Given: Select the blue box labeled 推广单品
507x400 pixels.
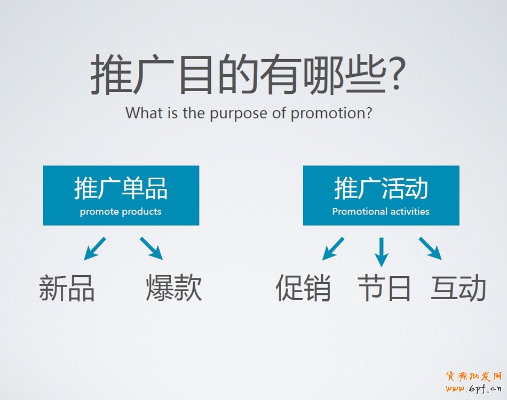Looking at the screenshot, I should tap(121, 195).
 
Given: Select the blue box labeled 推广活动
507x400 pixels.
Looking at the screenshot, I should tap(381, 195).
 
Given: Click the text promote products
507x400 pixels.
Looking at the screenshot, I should tap(121, 212).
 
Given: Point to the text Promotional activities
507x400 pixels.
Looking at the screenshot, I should tap(381, 212).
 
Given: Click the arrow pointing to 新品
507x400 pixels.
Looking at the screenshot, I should tap(95, 249).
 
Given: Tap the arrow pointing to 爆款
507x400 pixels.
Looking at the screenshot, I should tap(151, 249).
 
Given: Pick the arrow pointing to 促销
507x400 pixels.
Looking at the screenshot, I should tap(333, 249).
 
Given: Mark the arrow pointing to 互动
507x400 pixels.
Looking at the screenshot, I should tap(430, 249).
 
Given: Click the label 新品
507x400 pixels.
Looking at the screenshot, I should tap(67, 288).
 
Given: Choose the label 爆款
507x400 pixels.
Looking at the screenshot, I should tap(174, 288).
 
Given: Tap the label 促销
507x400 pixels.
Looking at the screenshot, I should tap(303, 288).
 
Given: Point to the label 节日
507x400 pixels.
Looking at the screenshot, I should tap(384, 288).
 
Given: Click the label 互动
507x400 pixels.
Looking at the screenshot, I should tap(458, 288).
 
